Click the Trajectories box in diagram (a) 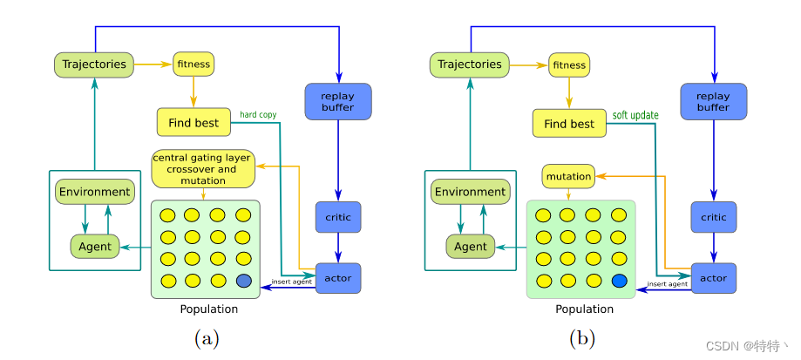(x=92, y=64)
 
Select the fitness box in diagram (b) (x=569, y=65)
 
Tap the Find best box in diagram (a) (x=193, y=123)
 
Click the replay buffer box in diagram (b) (x=713, y=101)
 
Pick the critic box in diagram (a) (x=337, y=217)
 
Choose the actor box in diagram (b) (x=713, y=278)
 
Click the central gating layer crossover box (x=202, y=169)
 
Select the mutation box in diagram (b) (x=568, y=176)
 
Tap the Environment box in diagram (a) (x=93, y=192)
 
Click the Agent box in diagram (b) (x=470, y=247)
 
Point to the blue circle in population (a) (x=244, y=281)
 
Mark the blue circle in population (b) (x=620, y=281)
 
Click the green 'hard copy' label (x=259, y=114)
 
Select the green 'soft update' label (x=635, y=115)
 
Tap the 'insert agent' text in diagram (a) (x=292, y=282)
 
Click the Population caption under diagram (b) (x=584, y=309)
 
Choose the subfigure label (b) (x=580, y=338)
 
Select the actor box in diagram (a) (x=337, y=278)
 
